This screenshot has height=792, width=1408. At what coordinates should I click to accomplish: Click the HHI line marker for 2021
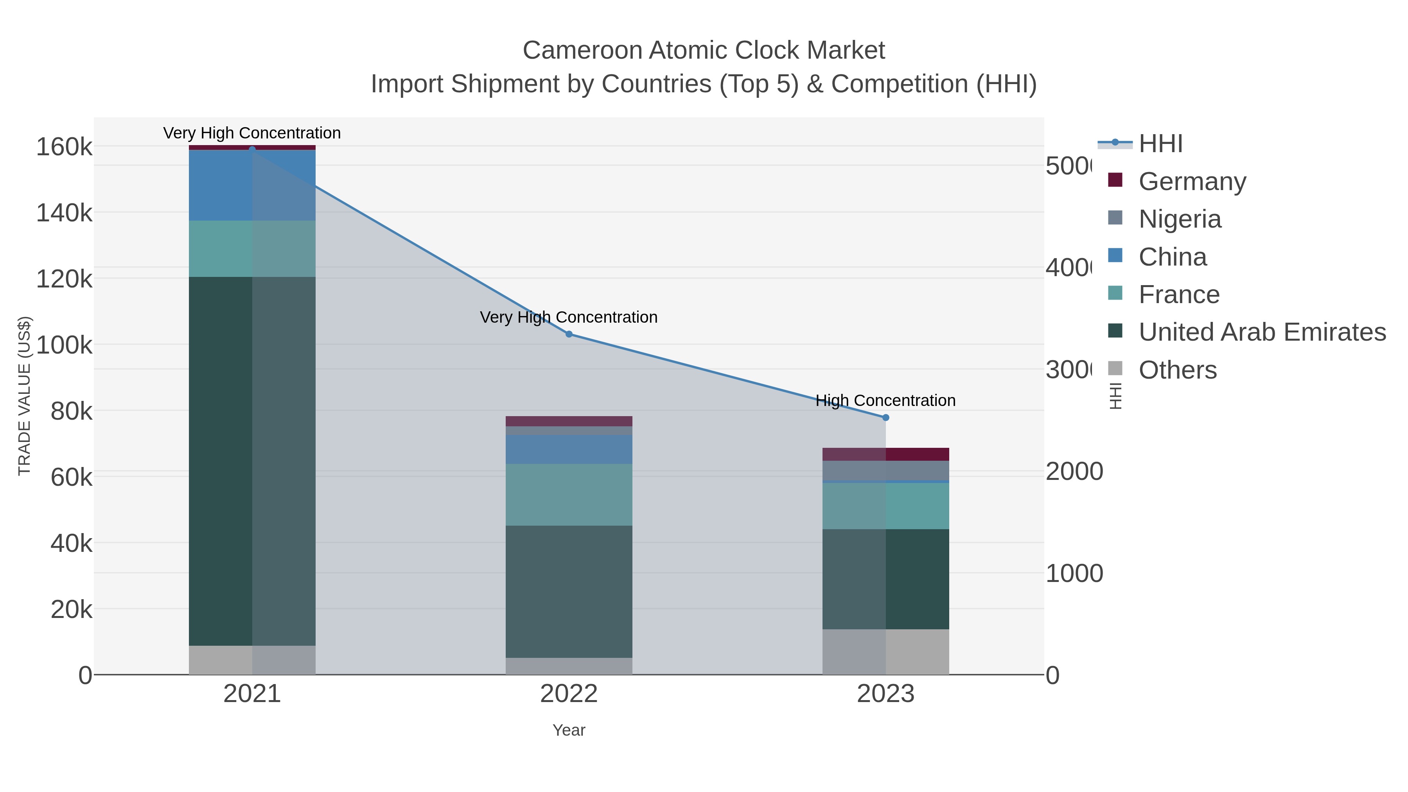pyautogui.click(x=252, y=149)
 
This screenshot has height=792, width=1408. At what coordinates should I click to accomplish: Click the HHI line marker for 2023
pyautogui.click(x=885, y=418)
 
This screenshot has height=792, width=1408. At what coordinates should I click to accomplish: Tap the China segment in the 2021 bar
pyautogui.click(x=252, y=186)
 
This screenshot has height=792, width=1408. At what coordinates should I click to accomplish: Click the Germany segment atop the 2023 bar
pyautogui.click(x=885, y=454)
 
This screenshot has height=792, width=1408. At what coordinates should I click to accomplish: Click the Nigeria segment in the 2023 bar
pyautogui.click(x=885, y=471)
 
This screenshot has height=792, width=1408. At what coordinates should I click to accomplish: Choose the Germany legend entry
pyautogui.click(x=1192, y=181)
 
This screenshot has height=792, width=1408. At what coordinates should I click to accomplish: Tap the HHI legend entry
pyautogui.click(x=1160, y=144)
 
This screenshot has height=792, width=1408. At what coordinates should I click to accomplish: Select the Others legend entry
pyautogui.click(x=1177, y=370)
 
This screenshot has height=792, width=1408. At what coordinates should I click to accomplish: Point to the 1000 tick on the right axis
pyautogui.click(x=1074, y=574)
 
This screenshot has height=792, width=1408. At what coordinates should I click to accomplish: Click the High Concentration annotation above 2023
pyautogui.click(x=885, y=400)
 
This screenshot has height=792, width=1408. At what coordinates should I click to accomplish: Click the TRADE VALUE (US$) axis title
pyautogui.click(x=25, y=396)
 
